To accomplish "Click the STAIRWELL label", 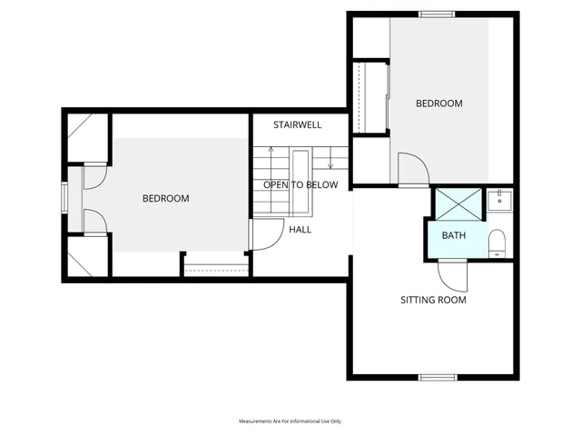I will [x=299, y=124].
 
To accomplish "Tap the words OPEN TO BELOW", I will [x=300, y=184].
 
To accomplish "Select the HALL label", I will [x=300, y=230].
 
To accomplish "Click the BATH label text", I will [x=453, y=236].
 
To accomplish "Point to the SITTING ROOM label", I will [x=433, y=300].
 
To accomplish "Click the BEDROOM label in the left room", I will [x=165, y=198].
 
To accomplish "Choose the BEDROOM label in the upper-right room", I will [x=438, y=104].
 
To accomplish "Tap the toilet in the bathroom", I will [x=497, y=243].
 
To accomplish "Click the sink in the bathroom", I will [x=498, y=200].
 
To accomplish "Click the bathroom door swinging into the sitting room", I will [x=451, y=272].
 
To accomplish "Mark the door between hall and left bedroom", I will [x=264, y=236].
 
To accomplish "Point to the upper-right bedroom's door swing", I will [x=410, y=169].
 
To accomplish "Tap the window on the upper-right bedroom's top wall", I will [x=436, y=14].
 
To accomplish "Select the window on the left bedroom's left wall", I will [x=64, y=198].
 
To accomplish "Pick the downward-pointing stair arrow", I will [x=330, y=163].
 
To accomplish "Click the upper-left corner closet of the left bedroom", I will [x=87, y=136].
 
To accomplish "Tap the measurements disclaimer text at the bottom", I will [x=290, y=421].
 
